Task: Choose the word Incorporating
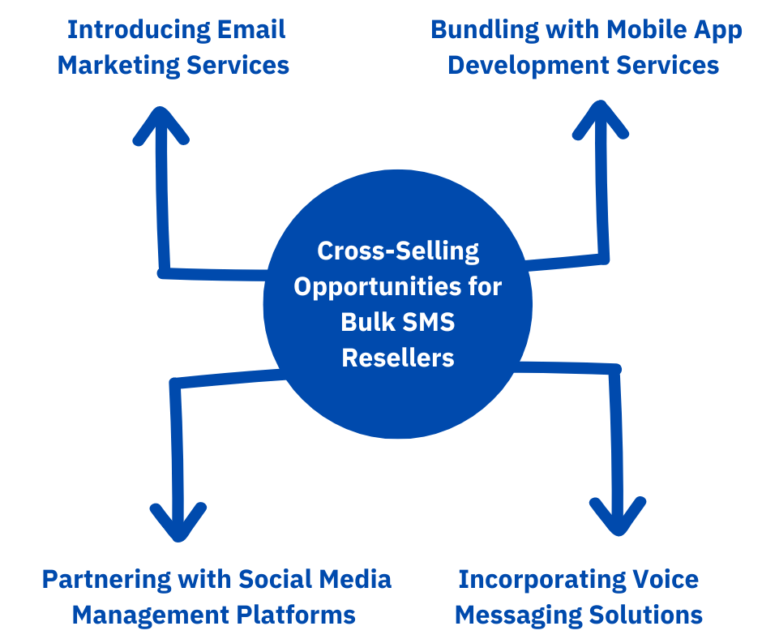coord(537,579)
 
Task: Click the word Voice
coord(661,579)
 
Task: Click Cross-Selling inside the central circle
coord(398,251)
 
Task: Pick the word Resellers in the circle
coord(398,358)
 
